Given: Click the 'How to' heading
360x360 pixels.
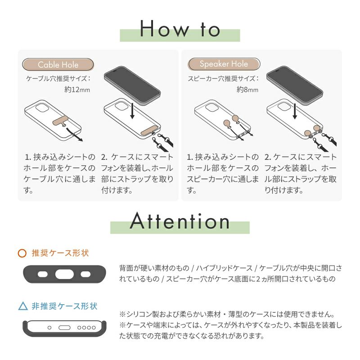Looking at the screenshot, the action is coord(180,29).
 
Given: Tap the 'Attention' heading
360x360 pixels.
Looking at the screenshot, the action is coord(180,221).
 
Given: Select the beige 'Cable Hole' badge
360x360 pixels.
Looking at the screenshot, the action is coord(58,64).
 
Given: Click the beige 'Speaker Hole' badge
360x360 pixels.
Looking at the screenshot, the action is coord(224,64).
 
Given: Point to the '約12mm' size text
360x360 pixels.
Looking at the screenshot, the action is coord(77,89).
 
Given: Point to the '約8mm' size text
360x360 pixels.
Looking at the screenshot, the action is coord(247,89).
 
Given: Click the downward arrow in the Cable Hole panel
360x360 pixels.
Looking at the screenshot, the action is coord(132,111).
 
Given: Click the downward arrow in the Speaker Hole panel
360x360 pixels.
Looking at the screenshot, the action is coord(295,111).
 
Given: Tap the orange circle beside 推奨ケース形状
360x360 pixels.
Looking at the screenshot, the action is coord(22,253).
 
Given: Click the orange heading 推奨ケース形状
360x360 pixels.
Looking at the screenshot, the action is coord(60,253).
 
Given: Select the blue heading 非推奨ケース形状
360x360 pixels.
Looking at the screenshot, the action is coord(64,306).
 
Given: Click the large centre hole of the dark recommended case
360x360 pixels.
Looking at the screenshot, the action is coord(64,274).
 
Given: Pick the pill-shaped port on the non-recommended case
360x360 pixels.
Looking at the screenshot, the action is coord(64,328).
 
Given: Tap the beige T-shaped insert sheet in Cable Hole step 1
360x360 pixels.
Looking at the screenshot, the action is coord(60,121).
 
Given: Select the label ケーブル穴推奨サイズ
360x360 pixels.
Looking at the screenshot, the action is coord(58,79).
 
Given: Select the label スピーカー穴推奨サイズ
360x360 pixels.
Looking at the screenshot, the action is coord(223,79).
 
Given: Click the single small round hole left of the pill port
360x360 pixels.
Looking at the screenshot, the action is coord(49,328).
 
